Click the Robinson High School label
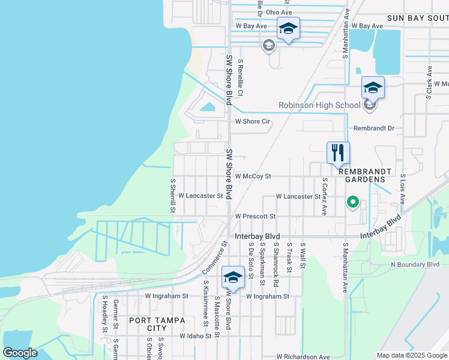click(319, 106)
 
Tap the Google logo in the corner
click(20, 353)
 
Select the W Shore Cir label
click(253, 121)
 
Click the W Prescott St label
click(255, 216)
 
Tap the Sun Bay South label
click(417, 19)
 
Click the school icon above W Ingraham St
click(233, 277)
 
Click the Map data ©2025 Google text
click(411, 355)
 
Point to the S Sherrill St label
click(173, 194)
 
